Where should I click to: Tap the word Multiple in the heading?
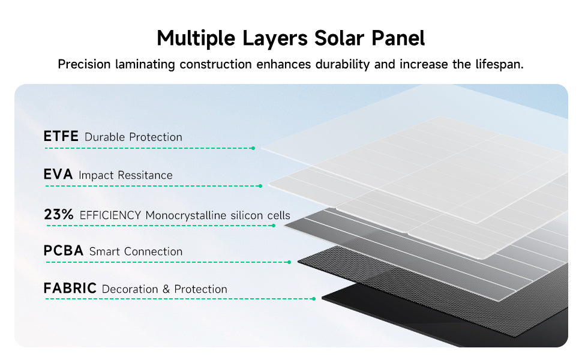pos(196,38)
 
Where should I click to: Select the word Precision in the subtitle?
pos(84,64)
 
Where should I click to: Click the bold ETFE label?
pos(61,136)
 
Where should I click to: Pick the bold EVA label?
pos(58,174)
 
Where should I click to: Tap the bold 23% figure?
pos(59,214)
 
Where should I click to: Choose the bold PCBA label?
pos(63,251)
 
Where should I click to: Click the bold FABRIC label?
pos(70,288)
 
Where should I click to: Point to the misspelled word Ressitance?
pos(145,175)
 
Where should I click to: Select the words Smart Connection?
pos(136,251)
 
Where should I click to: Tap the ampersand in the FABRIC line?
pos(166,289)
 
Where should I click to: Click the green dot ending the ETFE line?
pos(253,148)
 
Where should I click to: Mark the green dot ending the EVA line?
pos(260,186)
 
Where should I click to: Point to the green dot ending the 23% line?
pos(274,226)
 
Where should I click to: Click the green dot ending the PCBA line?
pos(289,262)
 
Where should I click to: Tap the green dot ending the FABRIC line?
pos(314,299)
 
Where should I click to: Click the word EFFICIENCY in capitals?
pos(110,215)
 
